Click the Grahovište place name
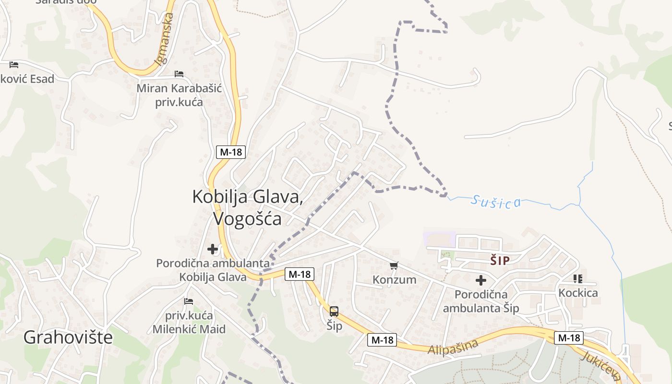(x=68, y=337)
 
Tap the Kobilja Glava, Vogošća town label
(x=248, y=207)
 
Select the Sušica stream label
(x=495, y=202)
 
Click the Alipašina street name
(x=453, y=347)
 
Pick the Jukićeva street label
(x=602, y=365)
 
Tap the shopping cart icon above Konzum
(x=394, y=265)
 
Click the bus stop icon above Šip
(x=334, y=311)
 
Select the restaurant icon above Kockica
(x=578, y=279)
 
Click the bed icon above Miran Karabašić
(x=179, y=74)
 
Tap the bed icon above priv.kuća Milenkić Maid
(x=189, y=301)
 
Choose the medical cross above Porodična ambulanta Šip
(x=481, y=280)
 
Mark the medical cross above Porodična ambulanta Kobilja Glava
(x=213, y=249)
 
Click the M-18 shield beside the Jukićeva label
(x=569, y=337)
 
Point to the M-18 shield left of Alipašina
(x=382, y=340)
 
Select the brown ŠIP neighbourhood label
(x=500, y=261)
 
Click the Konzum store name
(x=395, y=279)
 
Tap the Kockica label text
(x=578, y=293)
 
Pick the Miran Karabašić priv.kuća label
(x=179, y=95)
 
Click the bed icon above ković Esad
(x=14, y=64)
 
